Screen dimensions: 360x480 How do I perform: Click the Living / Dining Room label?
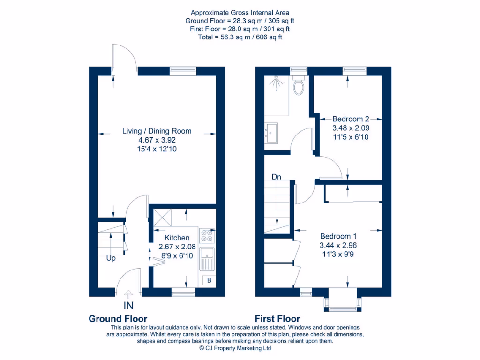(x=157, y=131)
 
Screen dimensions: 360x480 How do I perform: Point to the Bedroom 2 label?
(x=351, y=119)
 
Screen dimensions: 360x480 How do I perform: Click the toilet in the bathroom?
(x=298, y=85)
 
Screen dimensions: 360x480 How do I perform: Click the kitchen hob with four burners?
(x=207, y=236)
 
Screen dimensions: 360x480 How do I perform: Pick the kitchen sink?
(x=207, y=258)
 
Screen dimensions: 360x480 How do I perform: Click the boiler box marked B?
(x=209, y=280)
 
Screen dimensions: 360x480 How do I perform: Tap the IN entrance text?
(x=128, y=306)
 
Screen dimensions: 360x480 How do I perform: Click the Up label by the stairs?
(x=111, y=258)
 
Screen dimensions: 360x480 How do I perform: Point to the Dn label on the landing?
(x=277, y=177)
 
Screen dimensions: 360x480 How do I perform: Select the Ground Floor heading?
(x=118, y=319)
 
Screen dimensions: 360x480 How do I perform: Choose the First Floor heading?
(x=277, y=319)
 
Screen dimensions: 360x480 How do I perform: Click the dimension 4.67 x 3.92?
(x=157, y=140)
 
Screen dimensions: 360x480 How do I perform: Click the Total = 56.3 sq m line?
(x=240, y=37)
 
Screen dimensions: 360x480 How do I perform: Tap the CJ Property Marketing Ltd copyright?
(x=235, y=348)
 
